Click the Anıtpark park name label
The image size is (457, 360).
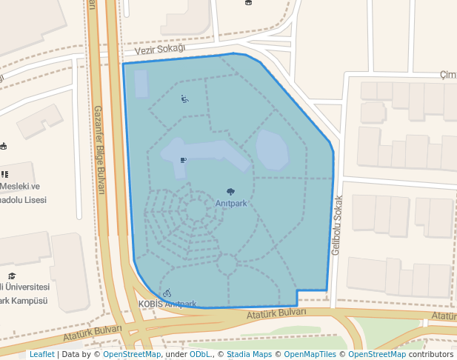point(231,203)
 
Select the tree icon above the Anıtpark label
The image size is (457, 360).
point(230,192)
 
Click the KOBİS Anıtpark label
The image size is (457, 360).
point(167,304)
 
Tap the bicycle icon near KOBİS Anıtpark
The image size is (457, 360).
point(167,293)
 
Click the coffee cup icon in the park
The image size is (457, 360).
point(183,159)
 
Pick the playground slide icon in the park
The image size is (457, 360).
point(184,99)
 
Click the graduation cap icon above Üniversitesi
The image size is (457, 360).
point(12,276)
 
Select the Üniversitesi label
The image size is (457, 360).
point(26,287)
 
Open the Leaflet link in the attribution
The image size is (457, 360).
point(41,354)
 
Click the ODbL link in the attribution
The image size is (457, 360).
point(201,354)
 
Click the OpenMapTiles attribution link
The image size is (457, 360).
point(312,354)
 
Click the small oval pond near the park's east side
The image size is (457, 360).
point(272,150)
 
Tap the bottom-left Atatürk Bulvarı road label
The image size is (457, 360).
point(92,333)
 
